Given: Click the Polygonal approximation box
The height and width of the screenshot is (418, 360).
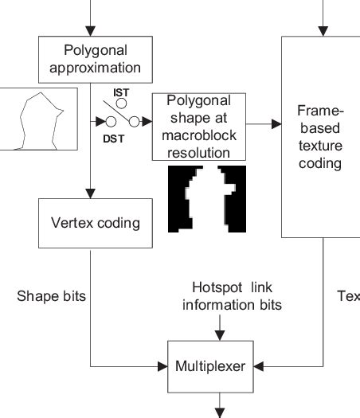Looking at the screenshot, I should point(95,60).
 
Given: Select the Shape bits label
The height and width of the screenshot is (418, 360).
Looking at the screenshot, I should point(51,296).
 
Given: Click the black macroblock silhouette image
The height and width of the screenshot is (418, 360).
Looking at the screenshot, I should point(207,199).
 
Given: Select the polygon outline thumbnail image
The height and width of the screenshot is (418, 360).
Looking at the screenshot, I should point(38,119).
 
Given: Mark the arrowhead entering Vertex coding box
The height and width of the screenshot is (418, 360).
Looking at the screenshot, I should point(91,193).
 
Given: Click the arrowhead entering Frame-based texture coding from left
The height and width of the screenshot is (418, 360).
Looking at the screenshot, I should point(276,123).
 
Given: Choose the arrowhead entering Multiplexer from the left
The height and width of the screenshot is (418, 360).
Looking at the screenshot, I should point(162,366).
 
